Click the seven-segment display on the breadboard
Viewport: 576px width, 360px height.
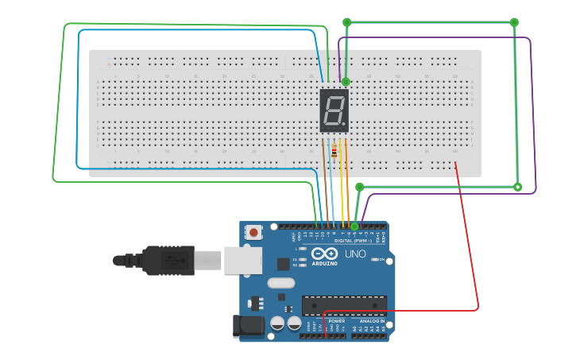tap(334, 110)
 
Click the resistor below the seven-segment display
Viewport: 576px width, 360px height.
tap(334, 152)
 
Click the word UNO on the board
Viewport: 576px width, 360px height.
tap(355, 254)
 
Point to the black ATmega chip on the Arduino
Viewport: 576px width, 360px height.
tap(344, 305)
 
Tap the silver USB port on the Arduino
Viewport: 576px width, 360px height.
tap(242, 260)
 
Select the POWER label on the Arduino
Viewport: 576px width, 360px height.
tap(326, 321)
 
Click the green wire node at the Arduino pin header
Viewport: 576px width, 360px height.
tap(354, 226)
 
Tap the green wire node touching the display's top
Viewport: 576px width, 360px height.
tap(346, 81)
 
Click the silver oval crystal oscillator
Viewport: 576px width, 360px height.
tap(280, 282)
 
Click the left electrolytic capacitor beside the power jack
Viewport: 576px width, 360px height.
tap(278, 323)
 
